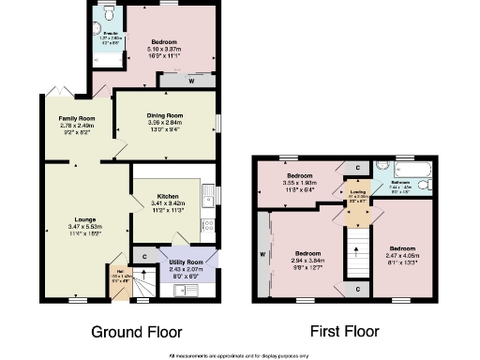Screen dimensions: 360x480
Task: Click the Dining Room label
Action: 164,115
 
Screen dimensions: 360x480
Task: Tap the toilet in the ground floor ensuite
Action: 111,14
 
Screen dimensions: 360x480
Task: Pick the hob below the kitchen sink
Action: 210,224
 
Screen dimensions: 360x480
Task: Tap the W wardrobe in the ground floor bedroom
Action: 191,80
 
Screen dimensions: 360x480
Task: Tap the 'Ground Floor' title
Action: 136,331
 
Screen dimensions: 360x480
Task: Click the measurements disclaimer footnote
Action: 239,354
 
